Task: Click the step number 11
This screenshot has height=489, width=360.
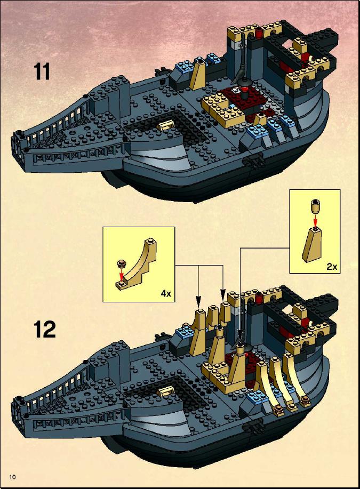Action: (x=42, y=71)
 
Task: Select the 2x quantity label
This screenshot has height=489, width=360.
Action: (x=332, y=267)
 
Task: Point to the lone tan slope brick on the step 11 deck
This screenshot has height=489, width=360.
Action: (x=199, y=75)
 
